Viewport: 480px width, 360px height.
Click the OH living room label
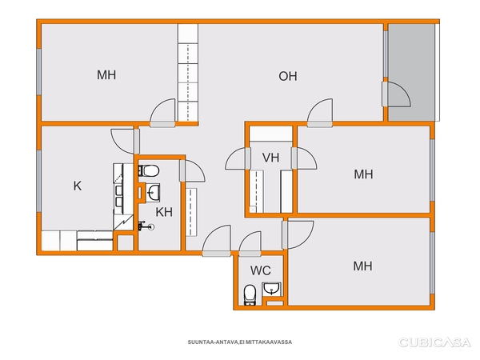288,76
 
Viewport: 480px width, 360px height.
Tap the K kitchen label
78,186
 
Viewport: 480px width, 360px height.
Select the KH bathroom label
164,212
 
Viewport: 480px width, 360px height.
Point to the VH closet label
271,158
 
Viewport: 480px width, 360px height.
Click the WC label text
261,270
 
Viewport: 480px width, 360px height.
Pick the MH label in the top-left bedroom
106,75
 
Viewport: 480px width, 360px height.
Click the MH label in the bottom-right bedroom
362,266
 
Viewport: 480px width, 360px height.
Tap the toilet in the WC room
250,295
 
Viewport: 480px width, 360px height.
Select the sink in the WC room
271,289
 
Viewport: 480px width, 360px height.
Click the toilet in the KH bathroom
149,171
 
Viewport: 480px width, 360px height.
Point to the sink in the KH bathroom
153,193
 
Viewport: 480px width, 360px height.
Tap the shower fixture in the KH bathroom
146,226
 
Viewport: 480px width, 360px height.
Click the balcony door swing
397,94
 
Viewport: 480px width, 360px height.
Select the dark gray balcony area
411,72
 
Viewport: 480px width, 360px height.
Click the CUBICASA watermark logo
434,342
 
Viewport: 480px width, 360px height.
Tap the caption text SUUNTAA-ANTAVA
213,342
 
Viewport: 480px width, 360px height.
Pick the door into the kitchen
125,141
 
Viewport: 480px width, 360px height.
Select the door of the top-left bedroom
162,112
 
